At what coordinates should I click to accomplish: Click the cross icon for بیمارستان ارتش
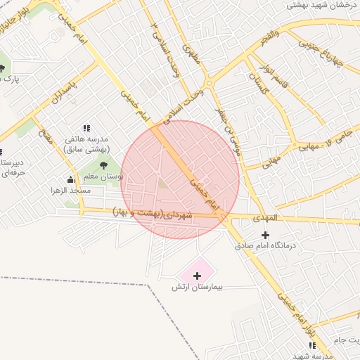coord(197,275)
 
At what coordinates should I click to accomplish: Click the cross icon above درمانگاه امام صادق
coord(264,235)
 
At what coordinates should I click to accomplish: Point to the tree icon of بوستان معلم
coord(103,165)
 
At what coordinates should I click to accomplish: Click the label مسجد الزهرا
coord(70,191)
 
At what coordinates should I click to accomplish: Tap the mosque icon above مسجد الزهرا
coord(70,179)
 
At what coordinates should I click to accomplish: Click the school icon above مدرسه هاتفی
coord(86,128)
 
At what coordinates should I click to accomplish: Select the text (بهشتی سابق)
coord(86,149)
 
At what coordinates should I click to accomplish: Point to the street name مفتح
coord(46,138)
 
